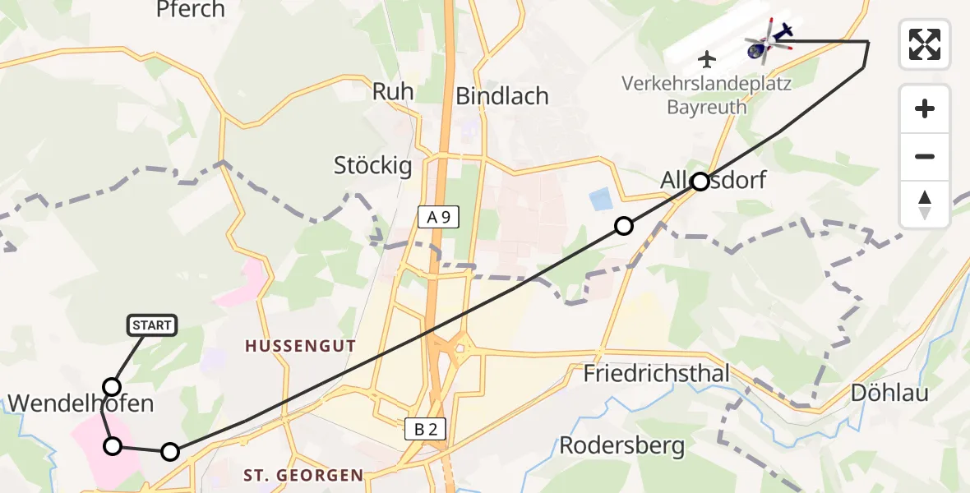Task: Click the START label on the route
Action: [152, 325]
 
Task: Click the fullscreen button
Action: [925, 44]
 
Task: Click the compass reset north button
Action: [925, 205]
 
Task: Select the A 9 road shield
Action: [437, 218]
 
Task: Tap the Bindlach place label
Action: [501, 96]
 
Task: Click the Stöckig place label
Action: [372, 165]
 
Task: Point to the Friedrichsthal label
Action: [656, 375]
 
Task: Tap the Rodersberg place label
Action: [621, 446]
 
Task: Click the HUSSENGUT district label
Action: [300, 347]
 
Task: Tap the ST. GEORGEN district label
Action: [303, 475]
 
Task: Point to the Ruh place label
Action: [393, 91]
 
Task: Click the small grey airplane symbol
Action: [707, 59]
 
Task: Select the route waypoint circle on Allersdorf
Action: [700, 182]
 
